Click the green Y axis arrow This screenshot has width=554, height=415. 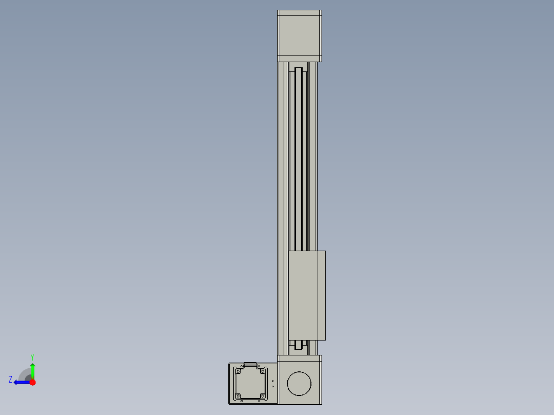click(x=32, y=369)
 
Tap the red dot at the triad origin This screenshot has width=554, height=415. click(x=32, y=382)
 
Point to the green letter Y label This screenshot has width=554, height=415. click(x=32, y=356)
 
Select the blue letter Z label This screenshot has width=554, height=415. click(x=10, y=379)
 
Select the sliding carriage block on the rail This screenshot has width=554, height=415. click(x=303, y=295)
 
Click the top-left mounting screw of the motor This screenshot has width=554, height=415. click(x=238, y=371)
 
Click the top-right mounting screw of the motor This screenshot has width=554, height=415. click(x=262, y=371)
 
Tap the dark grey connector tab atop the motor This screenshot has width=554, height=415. click(x=250, y=365)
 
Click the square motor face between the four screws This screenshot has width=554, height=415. click(x=250, y=383)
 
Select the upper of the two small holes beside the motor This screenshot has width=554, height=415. click(x=272, y=381)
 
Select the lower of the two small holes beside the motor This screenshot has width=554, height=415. click(x=272, y=386)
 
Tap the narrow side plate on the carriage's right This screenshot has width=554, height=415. click(x=322, y=295)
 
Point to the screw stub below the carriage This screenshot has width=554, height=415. click(x=299, y=345)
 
